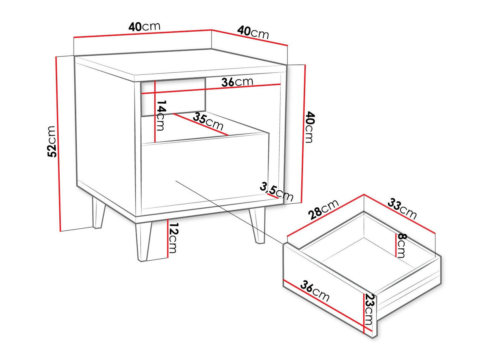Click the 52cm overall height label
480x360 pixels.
tap(52, 141)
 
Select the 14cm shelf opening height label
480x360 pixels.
tap(161, 116)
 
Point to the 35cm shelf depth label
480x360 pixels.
tap(208, 121)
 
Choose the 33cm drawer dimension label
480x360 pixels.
tap(402, 208)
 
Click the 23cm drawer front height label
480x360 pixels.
tap(369, 309)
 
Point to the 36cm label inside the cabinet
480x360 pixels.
tap(237, 82)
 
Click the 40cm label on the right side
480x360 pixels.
tap(309, 127)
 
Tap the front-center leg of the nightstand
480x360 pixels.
tap(143, 242)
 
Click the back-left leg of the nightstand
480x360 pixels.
tap(98, 212)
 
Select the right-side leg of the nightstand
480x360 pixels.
tap(258, 225)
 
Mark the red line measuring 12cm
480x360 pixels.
tap(167, 239)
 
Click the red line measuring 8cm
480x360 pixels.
tap(396, 245)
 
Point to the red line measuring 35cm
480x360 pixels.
tap(200, 125)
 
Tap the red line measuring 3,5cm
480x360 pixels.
tap(272, 196)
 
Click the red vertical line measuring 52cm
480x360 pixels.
tap(58, 144)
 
